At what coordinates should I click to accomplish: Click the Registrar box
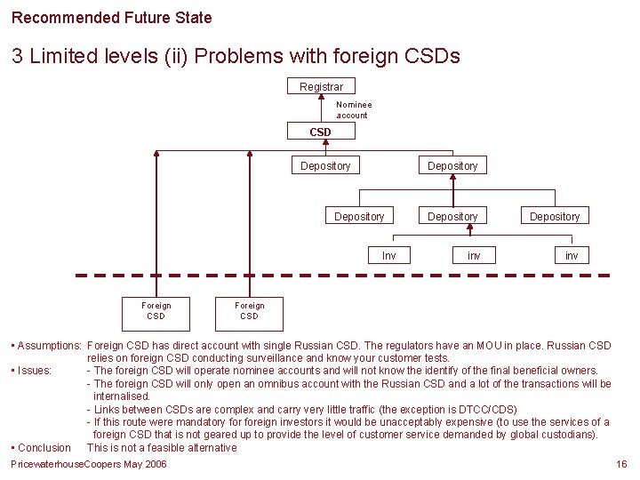(x=321, y=86)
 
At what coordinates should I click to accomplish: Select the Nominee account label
(x=353, y=109)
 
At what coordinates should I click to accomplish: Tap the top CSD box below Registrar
(x=320, y=132)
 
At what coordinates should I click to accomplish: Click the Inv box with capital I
(x=388, y=256)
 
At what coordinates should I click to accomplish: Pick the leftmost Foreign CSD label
(x=156, y=310)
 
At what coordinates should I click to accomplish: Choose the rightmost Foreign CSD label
(x=249, y=310)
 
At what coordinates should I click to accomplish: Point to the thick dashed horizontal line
(x=356, y=276)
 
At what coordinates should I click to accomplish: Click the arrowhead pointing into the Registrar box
(x=321, y=98)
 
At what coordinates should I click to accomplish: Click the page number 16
(x=621, y=464)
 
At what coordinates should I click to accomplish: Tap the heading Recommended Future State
(x=112, y=17)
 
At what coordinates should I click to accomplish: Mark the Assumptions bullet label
(x=48, y=345)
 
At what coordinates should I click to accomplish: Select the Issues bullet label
(x=34, y=371)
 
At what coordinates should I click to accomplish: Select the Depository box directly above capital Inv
(x=359, y=216)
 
